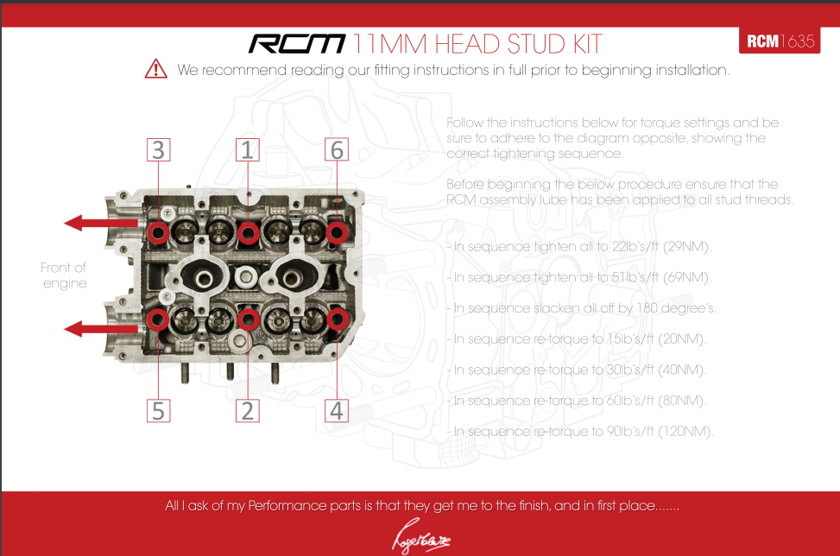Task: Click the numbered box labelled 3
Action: pyautogui.click(x=158, y=150)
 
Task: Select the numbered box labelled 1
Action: pyautogui.click(x=248, y=150)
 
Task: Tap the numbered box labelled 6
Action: pyautogui.click(x=337, y=150)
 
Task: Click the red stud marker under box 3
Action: pyautogui.click(x=158, y=231)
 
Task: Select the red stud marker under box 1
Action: pyautogui.click(x=248, y=231)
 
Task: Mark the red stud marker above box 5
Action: pyautogui.click(x=158, y=319)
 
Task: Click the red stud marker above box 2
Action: pyautogui.click(x=248, y=319)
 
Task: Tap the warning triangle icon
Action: pyautogui.click(x=155, y=69)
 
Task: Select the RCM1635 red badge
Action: pyautogui.click(x=780, y=41)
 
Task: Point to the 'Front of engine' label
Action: pyautogui.click(x=65, y=275)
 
